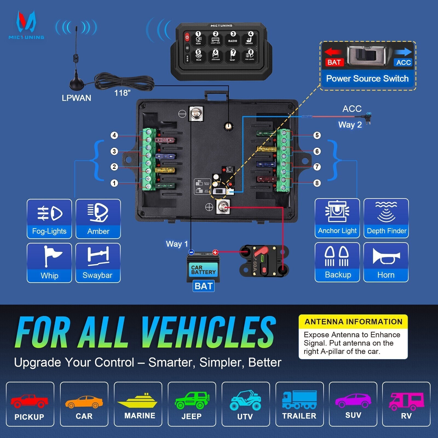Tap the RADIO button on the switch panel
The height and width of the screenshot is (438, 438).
pos(233,39)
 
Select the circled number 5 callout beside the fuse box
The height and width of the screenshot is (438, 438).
pos(317,135)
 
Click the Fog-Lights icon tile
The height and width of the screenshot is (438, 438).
pos(49,219)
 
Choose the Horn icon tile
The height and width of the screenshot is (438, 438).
pos(386,262)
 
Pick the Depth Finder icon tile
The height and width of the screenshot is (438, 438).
pos(386,218)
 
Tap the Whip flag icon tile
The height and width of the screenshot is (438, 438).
pos(49,263)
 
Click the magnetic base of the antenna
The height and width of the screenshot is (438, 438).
pos(76,84)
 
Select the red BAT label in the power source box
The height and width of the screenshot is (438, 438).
pos(334,62)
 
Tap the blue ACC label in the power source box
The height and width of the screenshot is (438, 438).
pos(404,62)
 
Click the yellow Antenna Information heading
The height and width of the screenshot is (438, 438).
pos(353,322)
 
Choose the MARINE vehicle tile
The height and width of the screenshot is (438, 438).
pos(138,404)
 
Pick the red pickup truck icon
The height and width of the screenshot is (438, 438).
pos(29,401)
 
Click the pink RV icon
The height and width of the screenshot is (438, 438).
pos(406,401)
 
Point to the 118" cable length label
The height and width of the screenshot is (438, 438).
pos(122,93)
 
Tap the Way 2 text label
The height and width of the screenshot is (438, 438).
pos(350,125)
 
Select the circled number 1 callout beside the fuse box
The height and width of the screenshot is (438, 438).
pos(114,183)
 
